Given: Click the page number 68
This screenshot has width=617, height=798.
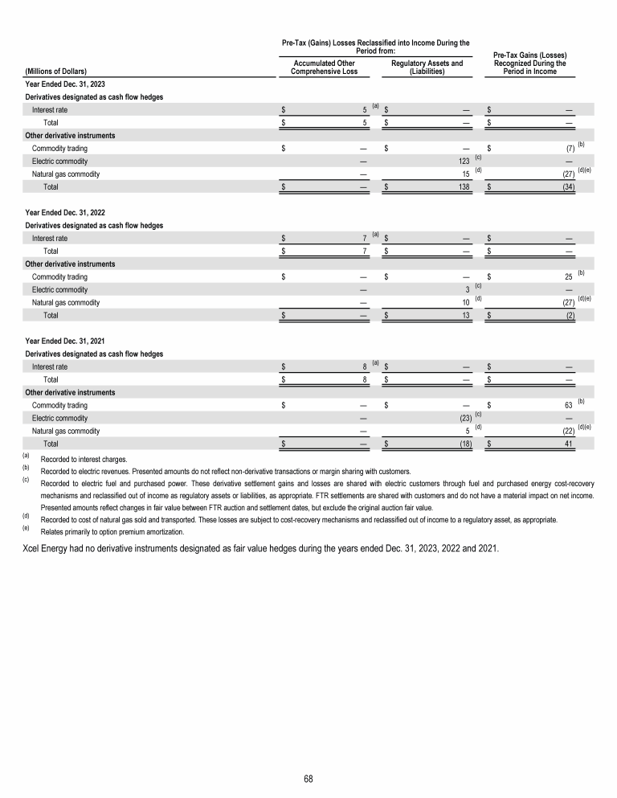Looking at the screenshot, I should click(x=308, y=779).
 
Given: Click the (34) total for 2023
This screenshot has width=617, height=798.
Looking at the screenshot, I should click(x=567, y=186).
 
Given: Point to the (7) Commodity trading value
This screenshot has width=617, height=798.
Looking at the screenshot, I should click(x=569, y=149).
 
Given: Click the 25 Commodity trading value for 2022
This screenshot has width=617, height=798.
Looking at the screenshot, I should click(x=569, y=277).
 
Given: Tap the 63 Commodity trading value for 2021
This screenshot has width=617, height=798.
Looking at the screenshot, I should click(x=569, y=406).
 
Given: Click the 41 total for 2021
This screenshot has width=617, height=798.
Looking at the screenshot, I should click(x=569, y=444).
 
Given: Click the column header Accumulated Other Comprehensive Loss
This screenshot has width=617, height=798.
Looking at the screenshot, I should click(x=325, y=67).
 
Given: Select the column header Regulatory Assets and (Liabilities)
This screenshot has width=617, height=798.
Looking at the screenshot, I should click(x=427, y=67).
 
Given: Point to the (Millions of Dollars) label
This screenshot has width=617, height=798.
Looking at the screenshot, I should click(x=56, y=72).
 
